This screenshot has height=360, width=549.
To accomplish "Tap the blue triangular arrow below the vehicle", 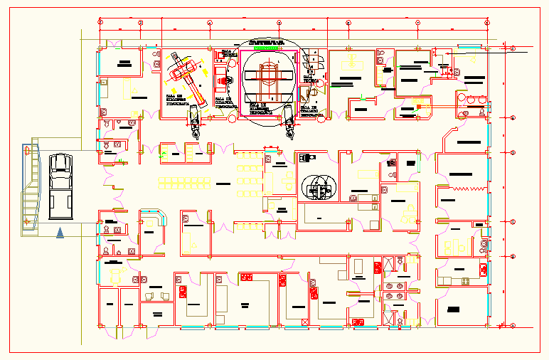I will pos(60,232).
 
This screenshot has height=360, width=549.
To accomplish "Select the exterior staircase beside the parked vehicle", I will pos(31,186).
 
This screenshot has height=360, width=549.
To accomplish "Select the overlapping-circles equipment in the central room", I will pos(318,188).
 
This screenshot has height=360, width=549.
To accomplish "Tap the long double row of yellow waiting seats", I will pos(185,181).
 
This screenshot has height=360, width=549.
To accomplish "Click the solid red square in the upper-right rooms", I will pos(419,106).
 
